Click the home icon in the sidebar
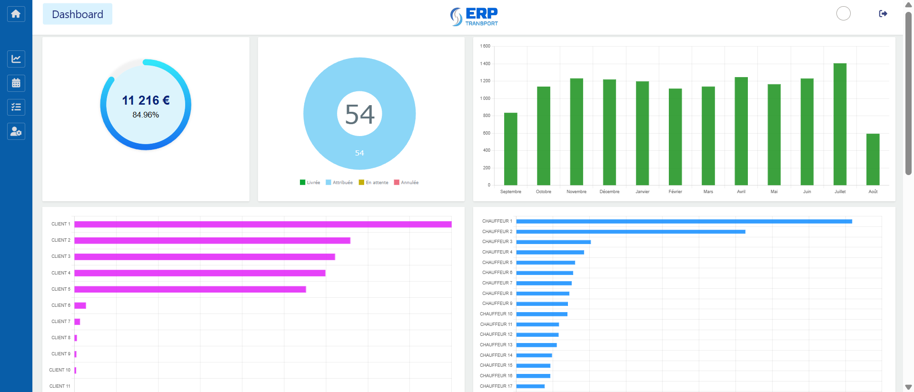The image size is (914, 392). [x=16, y=14]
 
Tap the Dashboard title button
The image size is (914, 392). [x=78, y=14]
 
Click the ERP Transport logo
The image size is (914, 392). [x=474, y=16]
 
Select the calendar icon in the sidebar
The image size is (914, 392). [x=16, y=83]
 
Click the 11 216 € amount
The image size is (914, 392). [x=146, y=100]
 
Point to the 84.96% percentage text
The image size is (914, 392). [x=146, y=115]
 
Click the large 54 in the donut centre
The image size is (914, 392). [x=359, y=114]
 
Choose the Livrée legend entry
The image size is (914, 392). [x=310, y=183]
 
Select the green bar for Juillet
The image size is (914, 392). [x=840, y=124]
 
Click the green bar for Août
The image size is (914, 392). [x=873, y=159]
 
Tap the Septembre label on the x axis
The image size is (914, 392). [x=510, y=192]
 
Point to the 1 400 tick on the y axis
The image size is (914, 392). [x=485, y=64]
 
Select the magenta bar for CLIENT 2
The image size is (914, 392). [x=212, y=241]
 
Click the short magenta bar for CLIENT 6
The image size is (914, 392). [x=80, y=305]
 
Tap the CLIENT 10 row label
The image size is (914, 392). [x=60, y=370]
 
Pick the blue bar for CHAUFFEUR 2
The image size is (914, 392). [x=630, y=232]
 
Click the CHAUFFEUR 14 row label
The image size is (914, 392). [x=496, y=355]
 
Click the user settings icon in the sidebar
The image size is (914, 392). [x=16, y=131]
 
